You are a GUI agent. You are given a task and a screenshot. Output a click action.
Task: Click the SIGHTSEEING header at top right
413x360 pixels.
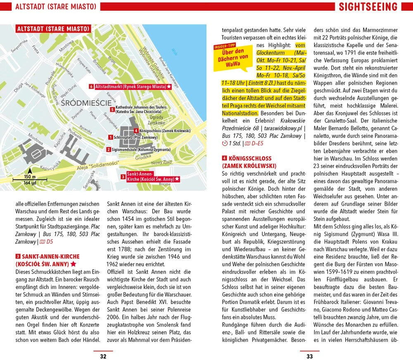click(x=368, y=7)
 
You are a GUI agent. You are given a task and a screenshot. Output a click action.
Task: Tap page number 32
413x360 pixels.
click(x=103, y=356)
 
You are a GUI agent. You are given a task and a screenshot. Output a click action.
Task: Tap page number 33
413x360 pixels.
click(x=309, y=356)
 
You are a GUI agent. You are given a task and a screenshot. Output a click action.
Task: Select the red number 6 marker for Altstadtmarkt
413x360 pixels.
click(x=91, y=87)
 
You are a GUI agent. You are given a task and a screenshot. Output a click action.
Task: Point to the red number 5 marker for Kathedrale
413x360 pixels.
click(x=112, y=109)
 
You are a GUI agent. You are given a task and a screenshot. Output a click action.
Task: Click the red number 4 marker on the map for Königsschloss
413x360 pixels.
click(x=136, y=131)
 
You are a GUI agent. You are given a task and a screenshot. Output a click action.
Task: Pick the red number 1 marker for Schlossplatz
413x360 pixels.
click(x=110, y=137)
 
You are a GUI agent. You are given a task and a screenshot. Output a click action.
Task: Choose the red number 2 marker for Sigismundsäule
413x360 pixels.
click(x=108, y=149)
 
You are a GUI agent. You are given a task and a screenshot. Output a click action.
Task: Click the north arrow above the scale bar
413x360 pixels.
click(x=29, y=171)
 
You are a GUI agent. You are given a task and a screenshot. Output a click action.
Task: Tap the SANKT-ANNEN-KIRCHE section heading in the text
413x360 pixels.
click(x=47, y=256)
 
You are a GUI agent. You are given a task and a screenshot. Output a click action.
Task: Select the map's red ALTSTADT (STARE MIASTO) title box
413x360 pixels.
click(x=53, y=29)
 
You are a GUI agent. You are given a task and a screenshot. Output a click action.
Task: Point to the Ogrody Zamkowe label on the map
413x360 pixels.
click(x=156, y=120)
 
